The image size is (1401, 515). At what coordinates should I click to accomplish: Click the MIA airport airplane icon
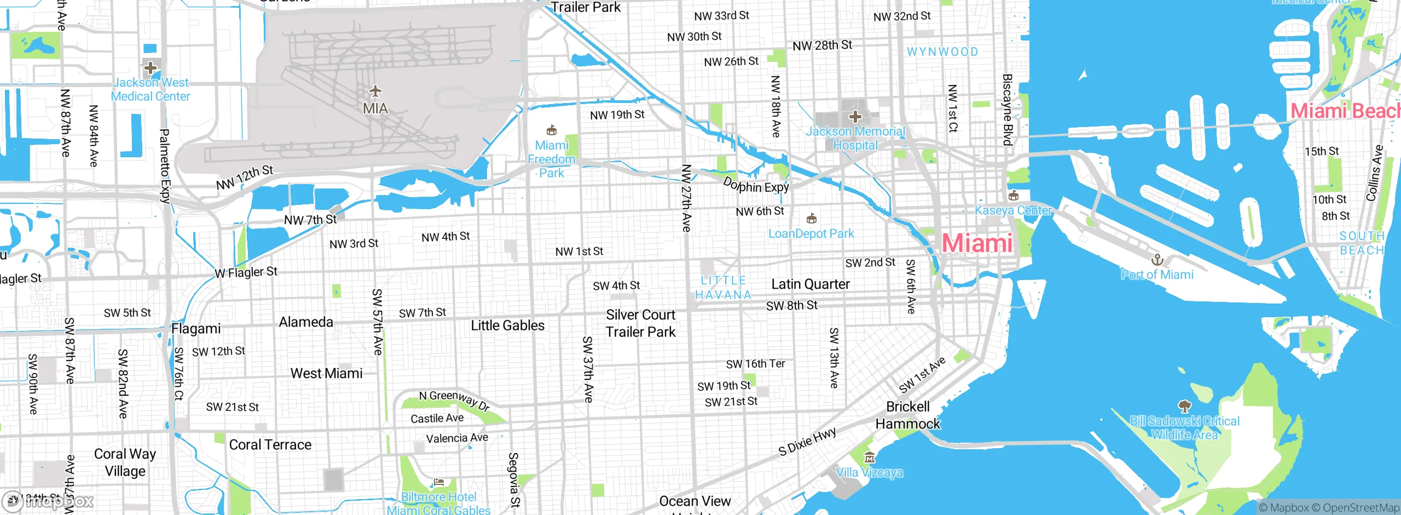[x=375, y=91]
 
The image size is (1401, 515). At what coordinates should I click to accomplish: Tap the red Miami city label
[x=977, y=243]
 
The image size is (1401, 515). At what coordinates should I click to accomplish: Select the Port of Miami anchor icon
[x=1157, y=259]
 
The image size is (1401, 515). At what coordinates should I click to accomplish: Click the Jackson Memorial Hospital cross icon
[x=855, y=116]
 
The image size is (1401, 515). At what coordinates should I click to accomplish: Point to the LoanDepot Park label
[x=811, y=234]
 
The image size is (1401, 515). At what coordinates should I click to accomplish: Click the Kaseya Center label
[x=1013, y=210]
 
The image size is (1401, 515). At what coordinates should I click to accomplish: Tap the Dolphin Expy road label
[x=756, y=185]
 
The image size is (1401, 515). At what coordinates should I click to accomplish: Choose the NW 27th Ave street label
[x=686, y=198]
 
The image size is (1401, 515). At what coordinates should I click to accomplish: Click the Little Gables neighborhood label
[x=508, y=325]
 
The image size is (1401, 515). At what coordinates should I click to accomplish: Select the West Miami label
[x=326, y=374]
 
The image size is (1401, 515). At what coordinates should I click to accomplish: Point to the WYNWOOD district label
[x=942, y=52]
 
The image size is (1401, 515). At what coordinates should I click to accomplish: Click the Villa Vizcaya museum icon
[x=870, y=457]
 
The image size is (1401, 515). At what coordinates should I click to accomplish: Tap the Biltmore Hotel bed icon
[x=438, y=483]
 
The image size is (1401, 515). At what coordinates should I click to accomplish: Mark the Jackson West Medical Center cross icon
[x=150, y=68]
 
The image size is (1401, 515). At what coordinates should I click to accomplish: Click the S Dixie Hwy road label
[x=808, y=442]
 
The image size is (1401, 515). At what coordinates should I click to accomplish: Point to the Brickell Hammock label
[x=907, y=415]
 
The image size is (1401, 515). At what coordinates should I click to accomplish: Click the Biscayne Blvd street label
[x=1007, y=110]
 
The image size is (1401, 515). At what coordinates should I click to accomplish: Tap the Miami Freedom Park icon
[x=552, y=130]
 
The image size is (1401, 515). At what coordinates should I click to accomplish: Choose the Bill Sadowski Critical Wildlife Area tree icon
[x=1184, y=407]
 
